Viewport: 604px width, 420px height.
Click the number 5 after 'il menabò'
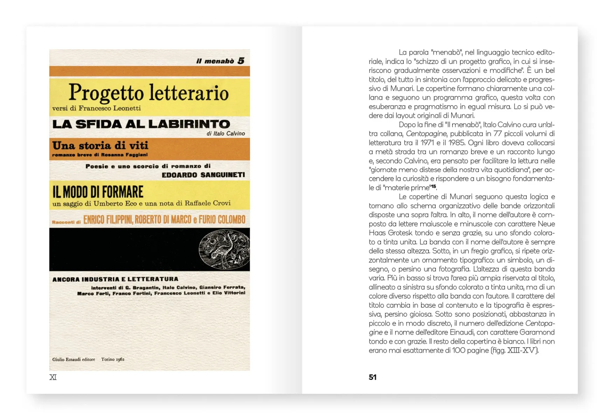(x=241, y=61)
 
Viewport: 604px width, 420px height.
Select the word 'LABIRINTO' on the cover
(x=189, y=124)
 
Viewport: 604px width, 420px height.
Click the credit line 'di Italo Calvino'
(x=225, y=133)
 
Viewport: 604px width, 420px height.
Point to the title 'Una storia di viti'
(x=100, y=146)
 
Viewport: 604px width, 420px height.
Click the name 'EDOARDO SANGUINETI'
(x=203, y=175)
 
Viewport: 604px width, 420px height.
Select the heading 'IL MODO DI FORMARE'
(x=98, y=192)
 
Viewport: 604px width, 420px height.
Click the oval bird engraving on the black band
(x=224, y=250)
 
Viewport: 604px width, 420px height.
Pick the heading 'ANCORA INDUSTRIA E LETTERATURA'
(x=115, y=279)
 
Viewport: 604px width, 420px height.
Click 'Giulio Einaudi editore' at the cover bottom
(x=74, y=359)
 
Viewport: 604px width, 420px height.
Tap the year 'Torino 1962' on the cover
(x=113, y=359)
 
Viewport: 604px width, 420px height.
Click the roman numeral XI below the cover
(x=53, y=377)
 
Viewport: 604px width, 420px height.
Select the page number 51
(x=373, y=377)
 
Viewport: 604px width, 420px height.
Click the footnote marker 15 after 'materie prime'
(x=433, y=186)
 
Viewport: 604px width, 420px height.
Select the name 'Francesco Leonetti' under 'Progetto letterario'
(x=110, y=108)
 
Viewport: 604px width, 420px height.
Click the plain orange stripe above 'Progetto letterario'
(x=150, y=71)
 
